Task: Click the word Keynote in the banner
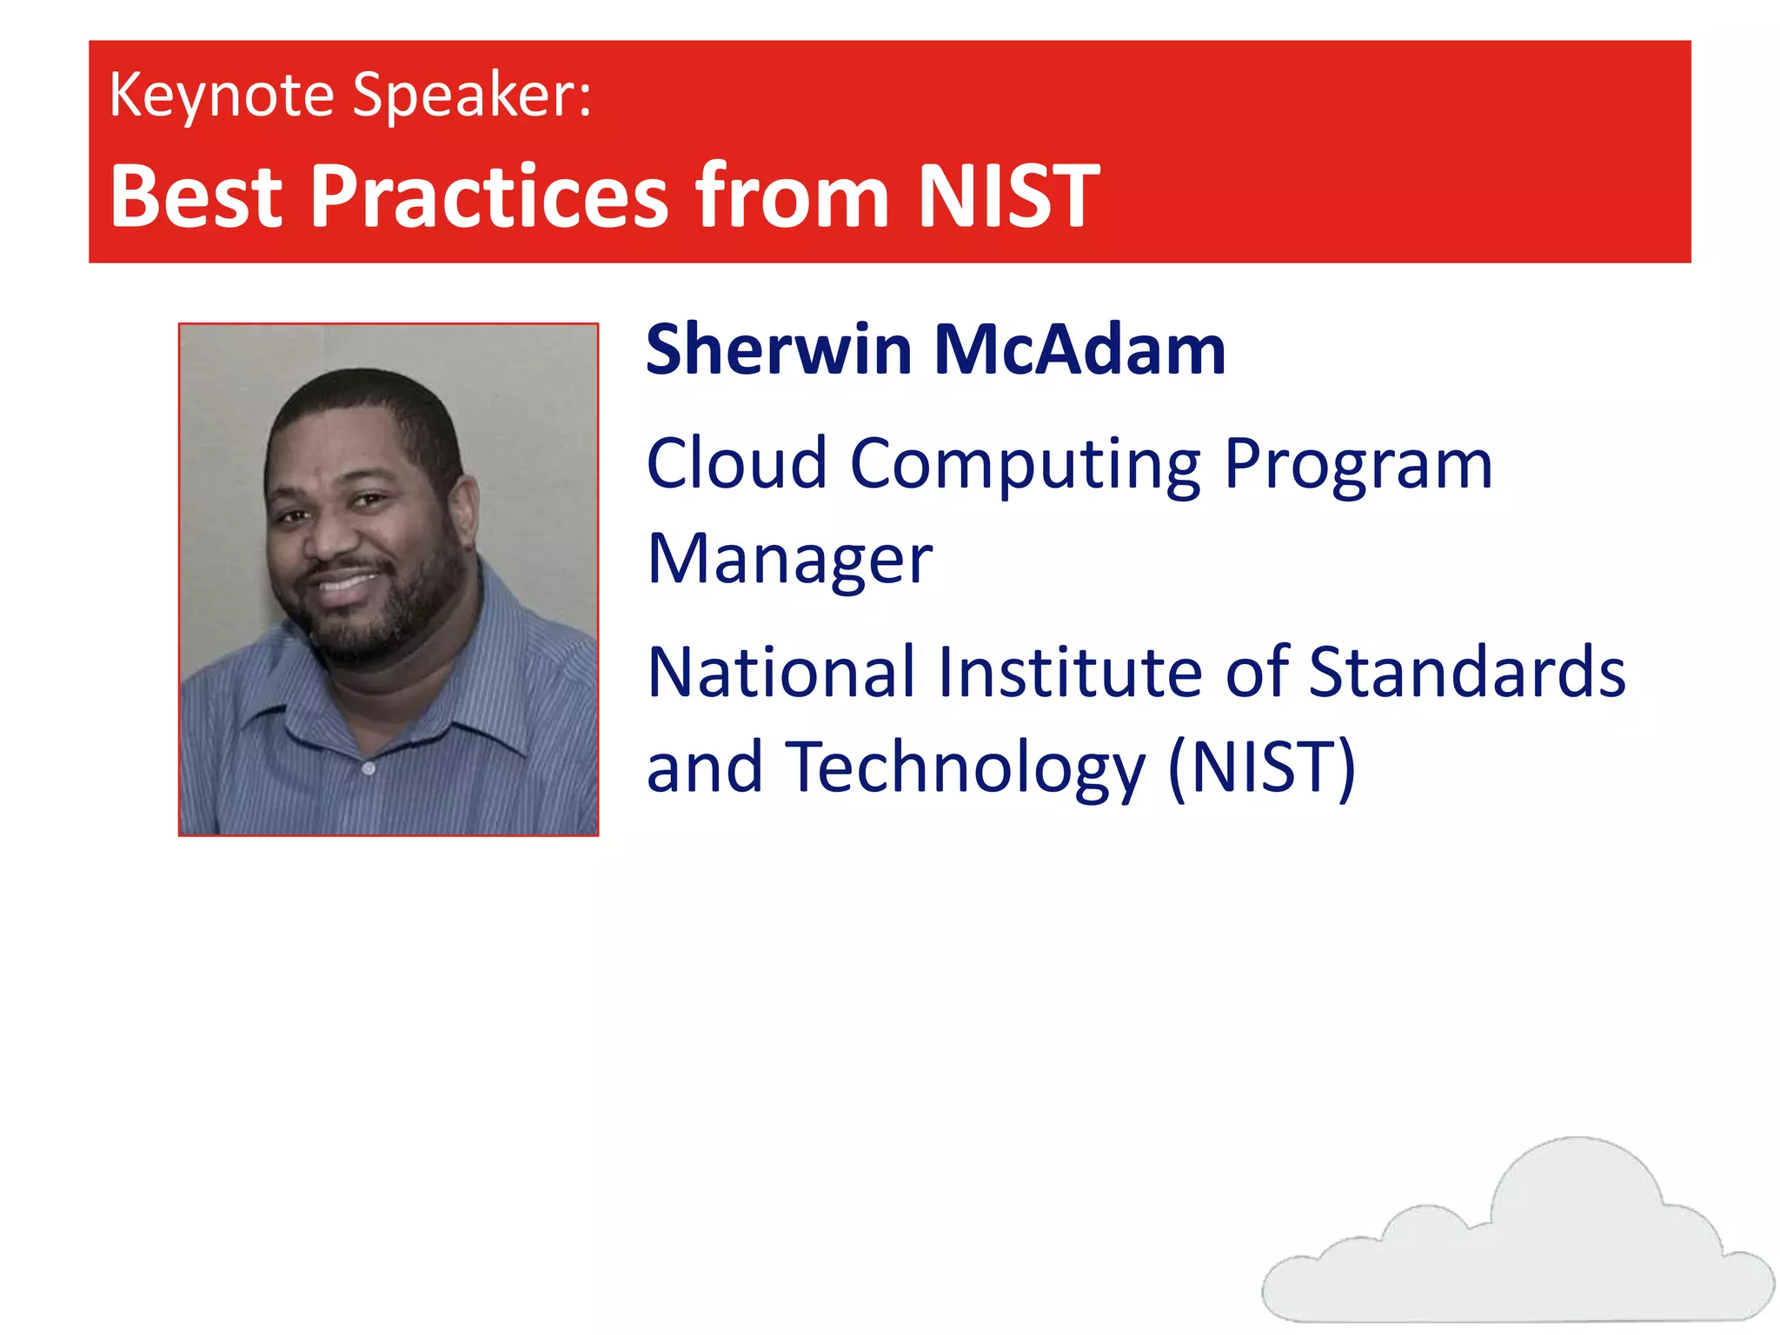[222, 96]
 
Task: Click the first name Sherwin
[779, 349]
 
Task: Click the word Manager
[789, 560]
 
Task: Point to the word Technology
[965, 768]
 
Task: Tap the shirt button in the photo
[369, 769]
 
